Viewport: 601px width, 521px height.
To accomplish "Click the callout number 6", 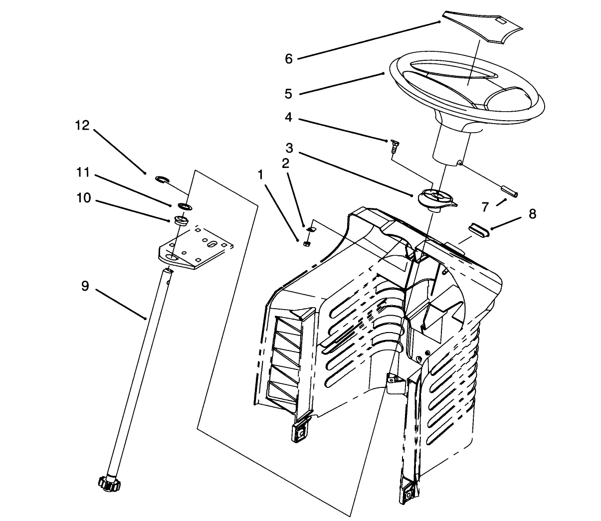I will point(289,59).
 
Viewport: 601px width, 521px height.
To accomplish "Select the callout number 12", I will point(82,126).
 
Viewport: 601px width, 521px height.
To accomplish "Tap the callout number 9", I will point(85,286).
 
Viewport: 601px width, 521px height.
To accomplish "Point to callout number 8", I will point(532,214).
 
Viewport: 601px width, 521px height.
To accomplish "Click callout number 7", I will point(485,206).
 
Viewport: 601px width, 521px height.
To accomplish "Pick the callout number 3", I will point(289,148).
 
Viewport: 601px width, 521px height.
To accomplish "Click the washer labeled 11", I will point(183,205).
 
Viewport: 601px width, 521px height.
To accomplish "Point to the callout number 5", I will point(288,94).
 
